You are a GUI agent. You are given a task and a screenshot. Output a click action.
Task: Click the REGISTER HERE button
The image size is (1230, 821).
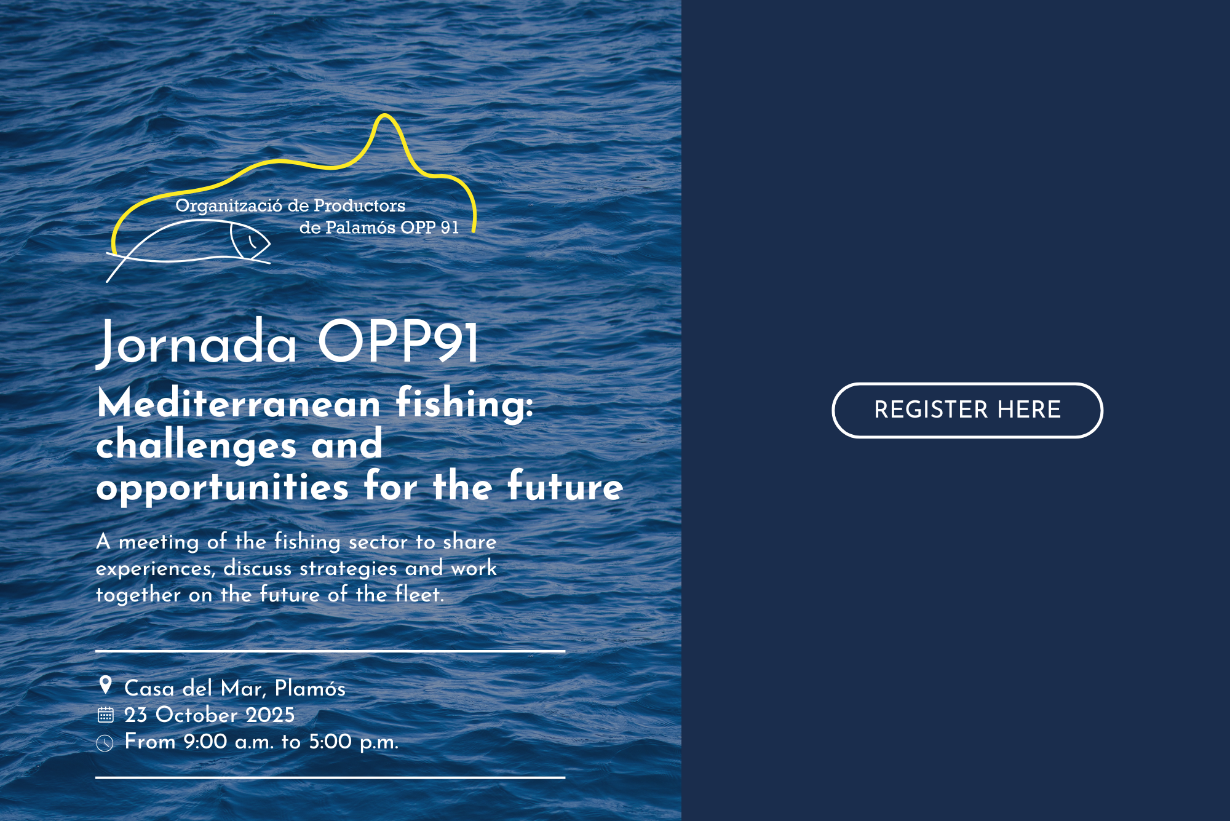pyautogui.click(x=967, y=410)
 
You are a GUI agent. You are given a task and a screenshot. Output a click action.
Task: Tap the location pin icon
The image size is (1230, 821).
pyautogui.click(x=105, y=685)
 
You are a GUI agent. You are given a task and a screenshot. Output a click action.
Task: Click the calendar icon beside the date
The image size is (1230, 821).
pyautogui.click(x=105, y=714)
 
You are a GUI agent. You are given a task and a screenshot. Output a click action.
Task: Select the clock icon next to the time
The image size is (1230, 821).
pyautogui.click(x=105, y=743)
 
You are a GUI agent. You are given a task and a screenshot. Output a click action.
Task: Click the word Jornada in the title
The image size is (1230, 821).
pyautogui.click(x=197, y=343)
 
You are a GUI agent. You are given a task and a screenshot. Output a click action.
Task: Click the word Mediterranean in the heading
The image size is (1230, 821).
pyautogui.click(x=239, y=404)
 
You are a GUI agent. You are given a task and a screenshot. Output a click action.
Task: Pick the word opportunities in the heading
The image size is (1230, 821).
pyautogui.click(x=223, y=488)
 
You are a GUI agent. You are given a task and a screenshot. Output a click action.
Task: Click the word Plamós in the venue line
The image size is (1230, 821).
pyautogui.click(x=310, y=688)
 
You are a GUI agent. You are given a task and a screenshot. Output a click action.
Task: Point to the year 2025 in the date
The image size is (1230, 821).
pyautogui.click(x=270, y=715)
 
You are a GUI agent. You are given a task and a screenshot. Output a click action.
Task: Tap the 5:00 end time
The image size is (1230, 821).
pyautogui.click(x=330, y=742)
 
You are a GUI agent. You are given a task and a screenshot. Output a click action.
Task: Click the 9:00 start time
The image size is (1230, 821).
pyautogui.click(x=205, y=742)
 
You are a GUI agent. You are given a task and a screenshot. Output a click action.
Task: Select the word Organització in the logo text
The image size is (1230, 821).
pyautogui.click(x=229, y=206)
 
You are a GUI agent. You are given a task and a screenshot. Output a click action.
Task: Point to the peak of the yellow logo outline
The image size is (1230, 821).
pyautogui.click(x=385, y=114)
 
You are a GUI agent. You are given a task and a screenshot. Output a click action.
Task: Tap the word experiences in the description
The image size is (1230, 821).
pyautogui.click(x=155, y=569)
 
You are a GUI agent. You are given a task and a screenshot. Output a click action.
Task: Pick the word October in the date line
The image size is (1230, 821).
pyautogui.click(x=197, y=715)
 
